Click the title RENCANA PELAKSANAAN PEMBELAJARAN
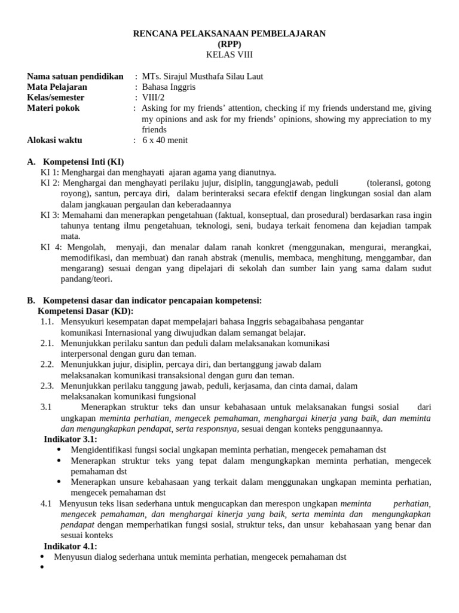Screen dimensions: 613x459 [x=229, y=34]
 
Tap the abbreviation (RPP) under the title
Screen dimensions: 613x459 [x=229, y=44]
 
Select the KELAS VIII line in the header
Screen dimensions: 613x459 [x=229, y=55]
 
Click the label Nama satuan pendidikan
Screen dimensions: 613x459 [x=75, y=76]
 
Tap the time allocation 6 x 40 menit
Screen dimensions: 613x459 [x=165, y=140]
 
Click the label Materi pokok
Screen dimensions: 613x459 [x=53, y=108]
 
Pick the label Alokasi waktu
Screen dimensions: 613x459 [x=55, y=140]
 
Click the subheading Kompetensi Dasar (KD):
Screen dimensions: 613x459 [x=85, y=311]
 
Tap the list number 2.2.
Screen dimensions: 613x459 [x=47, y=364]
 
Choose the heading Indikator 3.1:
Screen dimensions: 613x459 [x=71, y=439]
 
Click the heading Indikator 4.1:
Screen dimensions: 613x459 [x=71, y=546]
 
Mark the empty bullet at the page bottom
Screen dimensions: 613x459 [x=42, y=568]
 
